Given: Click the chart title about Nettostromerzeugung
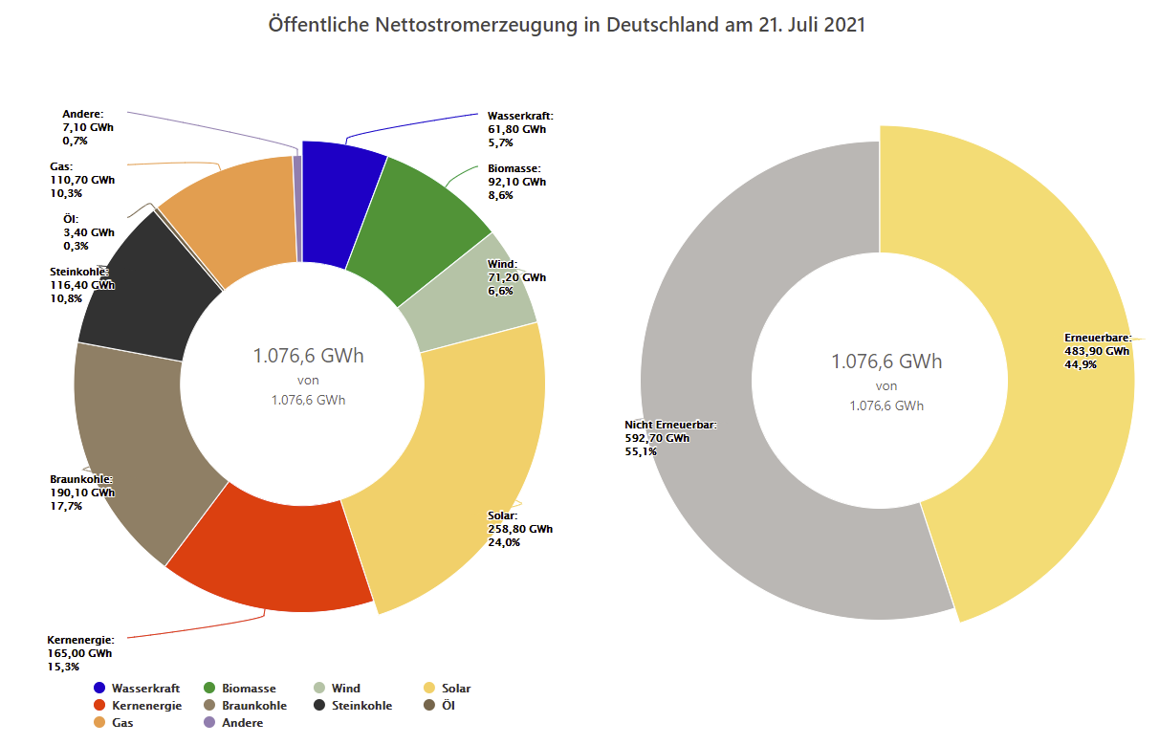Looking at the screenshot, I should coord(567,25).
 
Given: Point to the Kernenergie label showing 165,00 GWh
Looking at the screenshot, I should coord(80,653).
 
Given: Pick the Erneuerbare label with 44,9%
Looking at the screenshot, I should coord(1097,351).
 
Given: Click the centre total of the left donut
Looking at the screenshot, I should coord(308,357).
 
